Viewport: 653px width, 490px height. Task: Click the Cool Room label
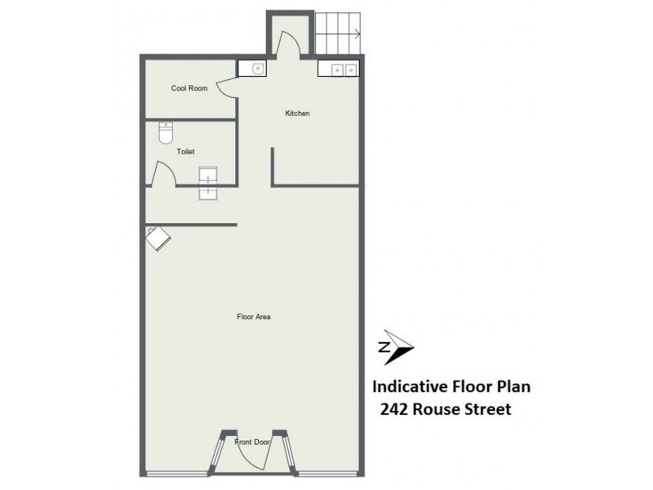pyautogui.click(x=189, y=88)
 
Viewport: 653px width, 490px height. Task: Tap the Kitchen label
pyautogui.click(x=296, y=114)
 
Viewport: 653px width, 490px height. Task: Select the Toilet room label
pyautogui.click(x=185, y=151)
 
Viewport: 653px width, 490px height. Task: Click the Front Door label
pyautogui.click(x=252, y=442)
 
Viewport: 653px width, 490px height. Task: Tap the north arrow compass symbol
pyautogui.click(x=396, y=347)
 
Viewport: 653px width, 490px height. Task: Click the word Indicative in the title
pyautogui.click(x=407, y=385)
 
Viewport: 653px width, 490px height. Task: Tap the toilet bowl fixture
pyautogui.click(x=165, y=130)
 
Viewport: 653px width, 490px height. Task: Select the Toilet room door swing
pyautogui.click(x=161, y=174)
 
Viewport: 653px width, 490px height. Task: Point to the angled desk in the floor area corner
pyautogui.click(x=158, y=238)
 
